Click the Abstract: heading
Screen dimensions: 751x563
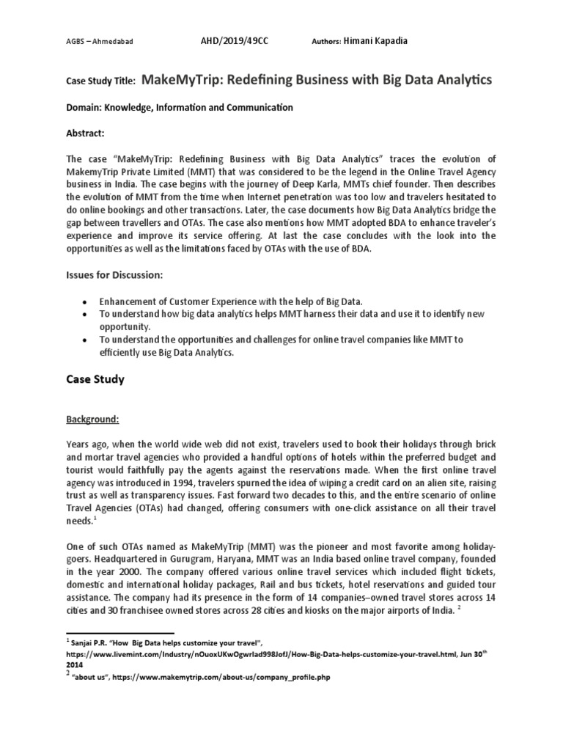point(86,133)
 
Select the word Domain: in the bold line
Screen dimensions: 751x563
point(85,108)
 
